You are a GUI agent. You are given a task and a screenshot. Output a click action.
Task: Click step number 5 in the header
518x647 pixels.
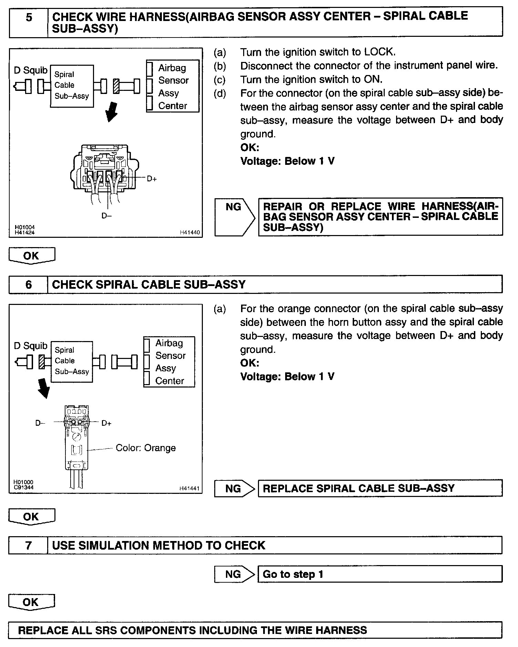coord(29,17)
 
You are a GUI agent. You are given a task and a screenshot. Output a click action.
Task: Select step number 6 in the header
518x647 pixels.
coord(29,285)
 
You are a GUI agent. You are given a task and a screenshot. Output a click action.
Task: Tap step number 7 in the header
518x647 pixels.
coord(29,545)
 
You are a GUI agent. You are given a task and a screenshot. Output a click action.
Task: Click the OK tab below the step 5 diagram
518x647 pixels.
coord(31,256)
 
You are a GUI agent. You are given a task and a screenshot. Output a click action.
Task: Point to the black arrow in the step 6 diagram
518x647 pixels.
coord(43,388)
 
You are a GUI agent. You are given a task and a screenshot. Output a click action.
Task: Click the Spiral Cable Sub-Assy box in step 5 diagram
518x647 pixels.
coord(72,86)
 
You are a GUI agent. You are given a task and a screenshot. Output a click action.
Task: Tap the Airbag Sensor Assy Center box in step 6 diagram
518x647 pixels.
coord(169,362)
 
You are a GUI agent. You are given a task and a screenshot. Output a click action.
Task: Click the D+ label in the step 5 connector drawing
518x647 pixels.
coord(152,179)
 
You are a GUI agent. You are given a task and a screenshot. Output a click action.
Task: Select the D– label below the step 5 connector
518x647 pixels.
coord(106,216)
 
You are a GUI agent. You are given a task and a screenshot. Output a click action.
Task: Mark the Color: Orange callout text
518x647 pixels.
coord(146,448)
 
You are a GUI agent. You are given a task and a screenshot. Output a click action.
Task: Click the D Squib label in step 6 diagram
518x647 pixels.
coord(30,346)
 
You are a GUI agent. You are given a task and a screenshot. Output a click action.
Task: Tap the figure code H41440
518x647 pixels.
coord(189,233)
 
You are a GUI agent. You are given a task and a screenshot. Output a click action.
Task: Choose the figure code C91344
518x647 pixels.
coord(23,487)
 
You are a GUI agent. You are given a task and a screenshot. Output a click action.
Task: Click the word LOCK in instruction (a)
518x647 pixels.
coord(379,52)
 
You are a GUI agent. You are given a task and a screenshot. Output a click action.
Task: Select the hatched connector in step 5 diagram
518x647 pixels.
coord(116,86)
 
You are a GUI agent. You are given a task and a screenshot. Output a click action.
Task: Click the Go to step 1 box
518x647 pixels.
coord(380,574)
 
